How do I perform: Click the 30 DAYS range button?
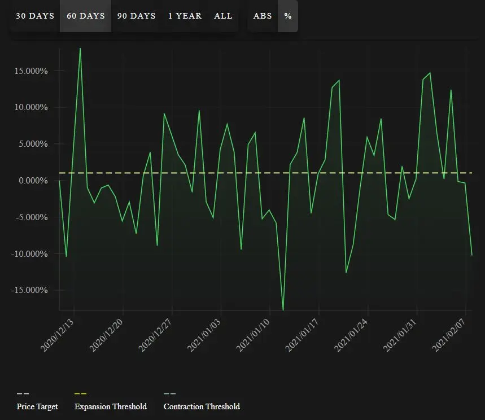[35, 16]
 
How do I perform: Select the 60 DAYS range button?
[86, 16]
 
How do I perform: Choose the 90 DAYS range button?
[137, 16]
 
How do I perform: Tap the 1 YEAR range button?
[185, 16]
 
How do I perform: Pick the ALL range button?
[223, 16]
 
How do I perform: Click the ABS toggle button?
[263, 16]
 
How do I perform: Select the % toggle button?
[288, 16]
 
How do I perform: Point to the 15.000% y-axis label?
[31, 71]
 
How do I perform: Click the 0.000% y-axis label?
[33, 180]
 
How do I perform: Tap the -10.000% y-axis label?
[29, 254]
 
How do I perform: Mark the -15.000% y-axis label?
[29, 290]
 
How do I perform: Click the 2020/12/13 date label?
[57, 335]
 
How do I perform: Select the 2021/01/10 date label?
[253, 335]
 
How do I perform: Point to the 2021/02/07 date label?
[449, 335]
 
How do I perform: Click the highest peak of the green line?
[80, 48]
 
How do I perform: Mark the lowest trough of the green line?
[283, 310]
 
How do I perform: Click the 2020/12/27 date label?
[155, 335]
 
